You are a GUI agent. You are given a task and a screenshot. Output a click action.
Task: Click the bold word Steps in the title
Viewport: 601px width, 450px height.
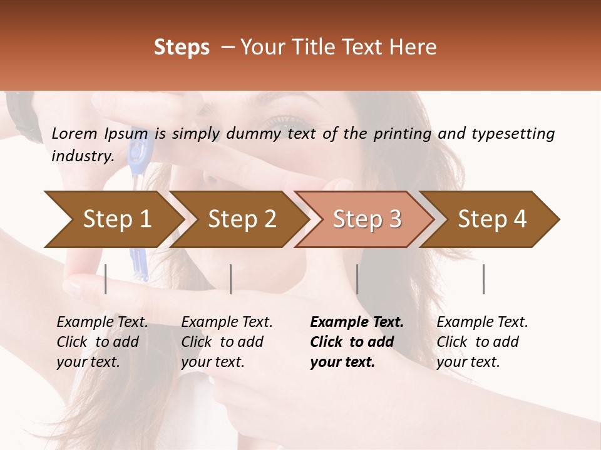tap(182, 47)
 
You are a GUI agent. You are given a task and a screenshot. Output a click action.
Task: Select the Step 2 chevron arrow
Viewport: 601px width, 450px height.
tap(238, 219)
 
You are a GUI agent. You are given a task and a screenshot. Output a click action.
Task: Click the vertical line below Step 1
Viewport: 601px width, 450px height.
tap(106, 279)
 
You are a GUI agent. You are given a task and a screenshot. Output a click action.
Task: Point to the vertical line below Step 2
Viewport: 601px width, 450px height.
tap(231, 279)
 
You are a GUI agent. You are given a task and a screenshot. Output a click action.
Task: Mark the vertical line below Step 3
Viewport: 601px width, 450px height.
tap(357, 279)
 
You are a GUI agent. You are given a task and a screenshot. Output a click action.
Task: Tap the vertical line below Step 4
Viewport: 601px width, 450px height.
tap(484, 279)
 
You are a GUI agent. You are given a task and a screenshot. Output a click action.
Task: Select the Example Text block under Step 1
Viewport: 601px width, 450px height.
tap(102, 342)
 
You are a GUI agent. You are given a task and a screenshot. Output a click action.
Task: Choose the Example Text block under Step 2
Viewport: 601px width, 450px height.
tap(227, 342)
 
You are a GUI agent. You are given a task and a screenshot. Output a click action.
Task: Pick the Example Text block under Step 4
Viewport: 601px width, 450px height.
tap(482, 342)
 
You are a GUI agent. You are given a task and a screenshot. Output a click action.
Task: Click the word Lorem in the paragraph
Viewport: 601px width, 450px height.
tap(74, 133)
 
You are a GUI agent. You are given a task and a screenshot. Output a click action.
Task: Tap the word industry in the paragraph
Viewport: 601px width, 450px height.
tap(82, 156)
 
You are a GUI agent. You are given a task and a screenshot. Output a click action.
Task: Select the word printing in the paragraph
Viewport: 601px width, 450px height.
tap(402, 134)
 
